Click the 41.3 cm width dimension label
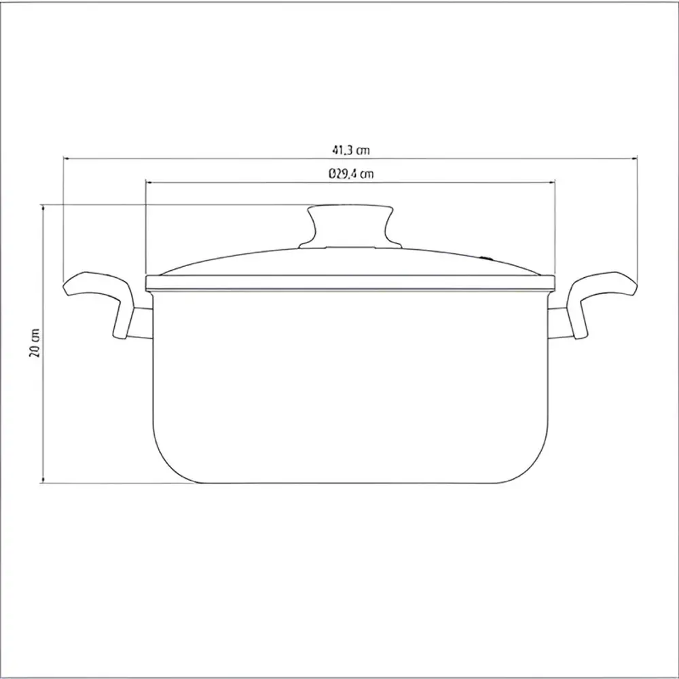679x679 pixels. pos(351,150)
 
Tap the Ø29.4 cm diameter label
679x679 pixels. pos(351,174)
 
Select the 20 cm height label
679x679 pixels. pos(35,342)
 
